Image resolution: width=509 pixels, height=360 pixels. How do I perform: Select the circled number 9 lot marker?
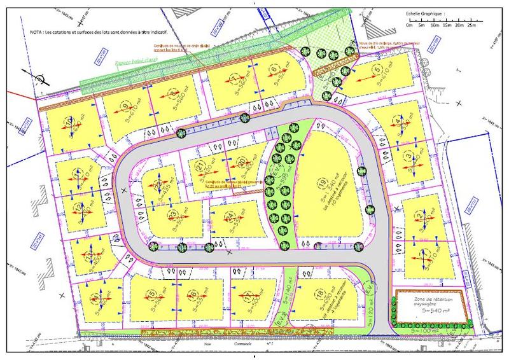click(125, 106)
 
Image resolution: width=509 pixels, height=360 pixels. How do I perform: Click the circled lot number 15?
click(151, 293)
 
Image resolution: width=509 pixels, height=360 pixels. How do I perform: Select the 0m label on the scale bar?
click(410, 26)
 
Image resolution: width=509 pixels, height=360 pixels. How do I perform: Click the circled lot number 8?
click(173, 93)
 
